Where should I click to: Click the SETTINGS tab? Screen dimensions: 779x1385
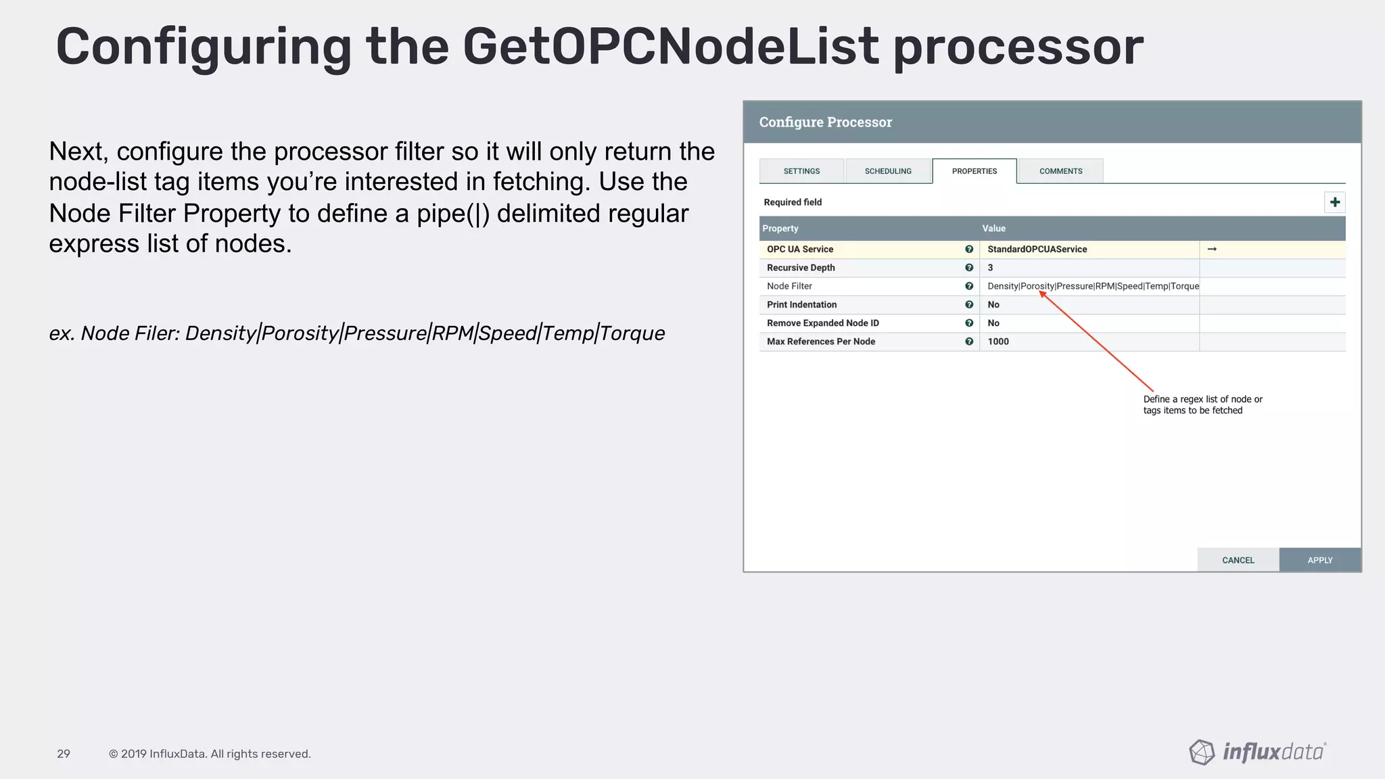801,171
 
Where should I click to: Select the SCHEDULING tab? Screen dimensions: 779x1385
888,171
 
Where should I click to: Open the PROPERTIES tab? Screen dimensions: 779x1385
974,171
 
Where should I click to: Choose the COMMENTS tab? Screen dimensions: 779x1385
1060,171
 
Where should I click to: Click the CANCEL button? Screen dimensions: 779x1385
1238,560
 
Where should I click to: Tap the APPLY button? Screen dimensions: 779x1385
1319,560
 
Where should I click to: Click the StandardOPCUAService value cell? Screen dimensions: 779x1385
1037,250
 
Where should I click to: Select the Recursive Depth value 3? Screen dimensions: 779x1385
990,268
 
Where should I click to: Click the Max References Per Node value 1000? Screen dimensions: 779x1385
998,341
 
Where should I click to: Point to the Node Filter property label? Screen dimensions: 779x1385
789,286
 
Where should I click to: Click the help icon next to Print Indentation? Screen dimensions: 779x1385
969,305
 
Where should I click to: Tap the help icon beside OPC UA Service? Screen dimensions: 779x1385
969,250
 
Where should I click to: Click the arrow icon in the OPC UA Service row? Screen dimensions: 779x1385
1212,250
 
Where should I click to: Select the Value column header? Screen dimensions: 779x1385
993,229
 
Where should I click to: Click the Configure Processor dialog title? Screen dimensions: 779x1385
825,122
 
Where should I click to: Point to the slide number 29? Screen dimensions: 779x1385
64,754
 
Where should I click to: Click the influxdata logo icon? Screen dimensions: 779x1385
1202,752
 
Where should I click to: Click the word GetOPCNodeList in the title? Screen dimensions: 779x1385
670,47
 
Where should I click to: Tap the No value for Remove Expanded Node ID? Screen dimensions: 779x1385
993,323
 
